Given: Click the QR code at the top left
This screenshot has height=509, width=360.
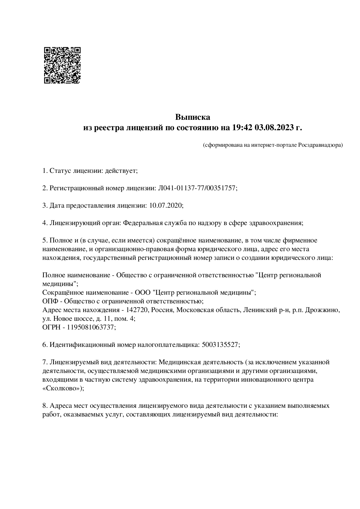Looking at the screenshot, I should click(62, 65).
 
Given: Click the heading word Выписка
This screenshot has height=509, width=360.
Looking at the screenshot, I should click(192, 117).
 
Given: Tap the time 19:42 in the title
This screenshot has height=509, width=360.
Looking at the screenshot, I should click(242, 128).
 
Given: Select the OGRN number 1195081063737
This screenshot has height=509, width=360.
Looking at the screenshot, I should click(91, 327).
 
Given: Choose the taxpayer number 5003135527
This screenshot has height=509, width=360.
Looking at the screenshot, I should click(220, 345).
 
